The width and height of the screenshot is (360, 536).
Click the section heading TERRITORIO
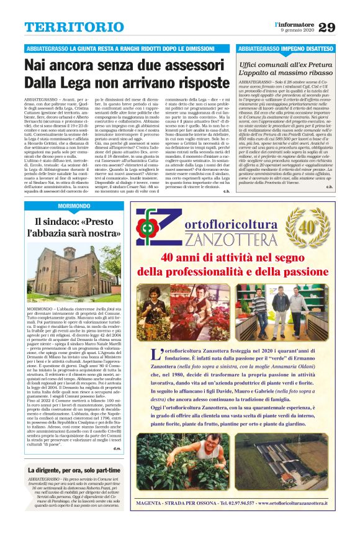click(65, 28)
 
